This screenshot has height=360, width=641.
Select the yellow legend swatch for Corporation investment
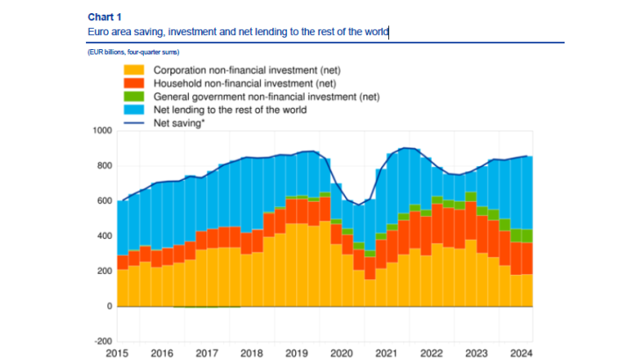pyautogui.click(x=134, y=69)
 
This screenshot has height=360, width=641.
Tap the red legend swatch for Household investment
pyautogui.click(x=134, y=83)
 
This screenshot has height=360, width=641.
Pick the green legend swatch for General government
pyautogui.click(x=134, y=97)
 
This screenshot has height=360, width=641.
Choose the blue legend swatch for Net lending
pyautogui.click(x=134, y=111)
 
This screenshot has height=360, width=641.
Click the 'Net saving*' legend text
pyautogui.click(x=179, y=124)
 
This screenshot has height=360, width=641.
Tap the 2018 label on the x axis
pyautogui.click(x=252, y=353)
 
